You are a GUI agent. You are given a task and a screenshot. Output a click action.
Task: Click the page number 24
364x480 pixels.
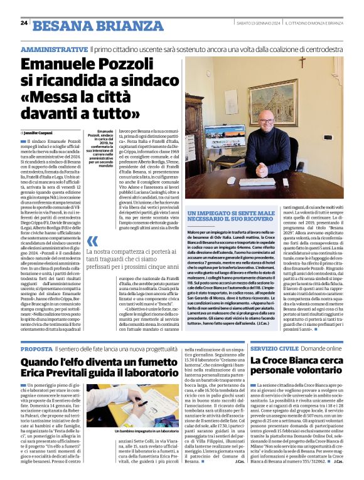point(24,23)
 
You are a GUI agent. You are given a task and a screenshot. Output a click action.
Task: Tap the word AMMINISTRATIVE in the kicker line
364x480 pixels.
point(54,49)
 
